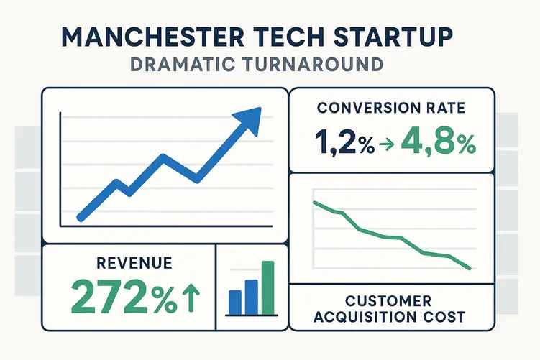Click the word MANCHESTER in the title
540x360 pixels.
(x=137, y=37)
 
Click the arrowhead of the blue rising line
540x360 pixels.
(x=248, y=119)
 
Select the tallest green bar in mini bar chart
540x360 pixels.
(x=268, y=287)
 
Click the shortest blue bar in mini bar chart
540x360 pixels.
(x=234, y=303)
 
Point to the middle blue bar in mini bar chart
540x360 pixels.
(x=251, y=297)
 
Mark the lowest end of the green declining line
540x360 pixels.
(x=469, y=268)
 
